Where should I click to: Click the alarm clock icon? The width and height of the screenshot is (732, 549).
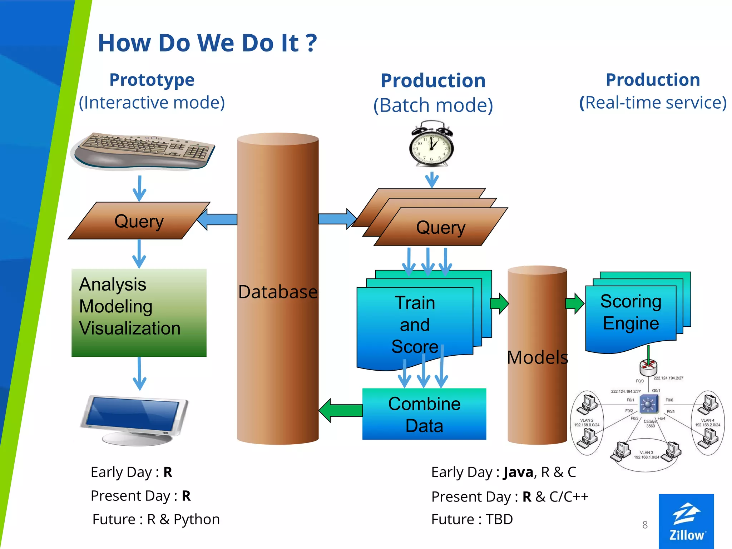(x=431, y=144)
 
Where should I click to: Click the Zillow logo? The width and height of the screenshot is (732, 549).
(x=686, y=521)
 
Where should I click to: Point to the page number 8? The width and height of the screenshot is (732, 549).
(x=645, y=525)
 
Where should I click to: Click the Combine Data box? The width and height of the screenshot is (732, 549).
(x=424, y=414)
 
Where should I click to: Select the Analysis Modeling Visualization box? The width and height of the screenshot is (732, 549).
(x=139, y=312)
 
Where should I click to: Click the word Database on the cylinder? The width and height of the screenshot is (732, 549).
(x=278, y=292)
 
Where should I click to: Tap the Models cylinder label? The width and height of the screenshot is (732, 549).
(x=537, y=357)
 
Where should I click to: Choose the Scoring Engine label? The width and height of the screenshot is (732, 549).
(x=631, y=312)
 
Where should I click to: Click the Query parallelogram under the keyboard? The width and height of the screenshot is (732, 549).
(x=139, y=221)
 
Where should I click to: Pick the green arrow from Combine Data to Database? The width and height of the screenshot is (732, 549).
(x=341, y=410)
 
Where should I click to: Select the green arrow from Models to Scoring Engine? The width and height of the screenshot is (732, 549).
(x=574, y=304)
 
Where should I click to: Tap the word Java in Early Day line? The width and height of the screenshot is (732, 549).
(x=518, y=472)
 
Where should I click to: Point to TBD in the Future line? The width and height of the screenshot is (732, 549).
(x=499, y=519)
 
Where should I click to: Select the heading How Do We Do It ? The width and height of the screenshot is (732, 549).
(x=207, y=43)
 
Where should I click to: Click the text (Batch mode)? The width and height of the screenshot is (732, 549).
(x=433, y=105)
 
